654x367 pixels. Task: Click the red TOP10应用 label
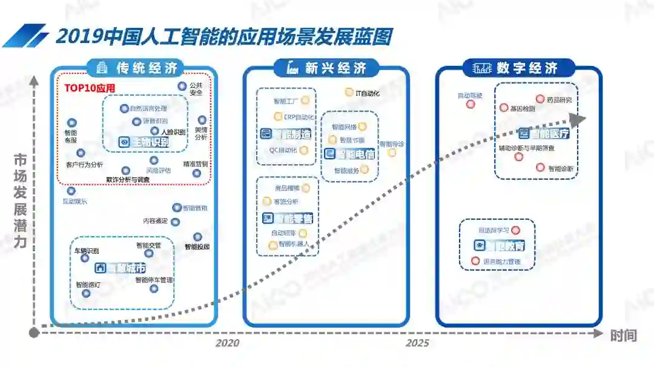click(90, 88)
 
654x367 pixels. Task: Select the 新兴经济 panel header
click(326, 68)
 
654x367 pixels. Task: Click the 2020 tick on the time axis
click(227, 343)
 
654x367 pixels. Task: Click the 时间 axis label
click(623, 335)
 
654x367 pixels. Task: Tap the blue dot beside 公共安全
click(182, 87)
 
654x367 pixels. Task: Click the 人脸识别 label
click(173, 131)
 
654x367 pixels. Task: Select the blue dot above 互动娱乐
click(71, 191)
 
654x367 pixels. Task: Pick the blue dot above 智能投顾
click(197, 237)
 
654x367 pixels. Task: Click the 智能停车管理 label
click(154, 280)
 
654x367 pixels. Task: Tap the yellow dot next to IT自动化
click(349, 92)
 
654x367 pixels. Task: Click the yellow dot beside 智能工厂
click(305, 100)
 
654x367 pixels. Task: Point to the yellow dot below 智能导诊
click(392, 153)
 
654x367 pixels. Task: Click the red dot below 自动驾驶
click(471, 104)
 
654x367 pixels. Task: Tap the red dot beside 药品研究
click(540, 99)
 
